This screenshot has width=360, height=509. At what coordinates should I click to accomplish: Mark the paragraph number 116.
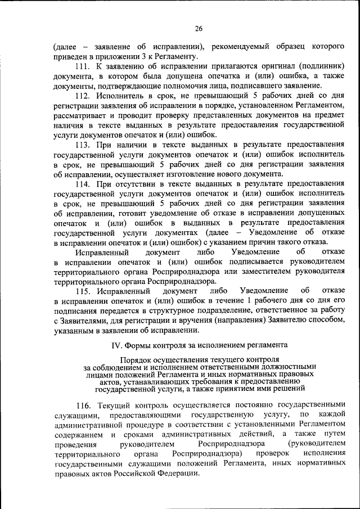[x=83, y=405]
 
